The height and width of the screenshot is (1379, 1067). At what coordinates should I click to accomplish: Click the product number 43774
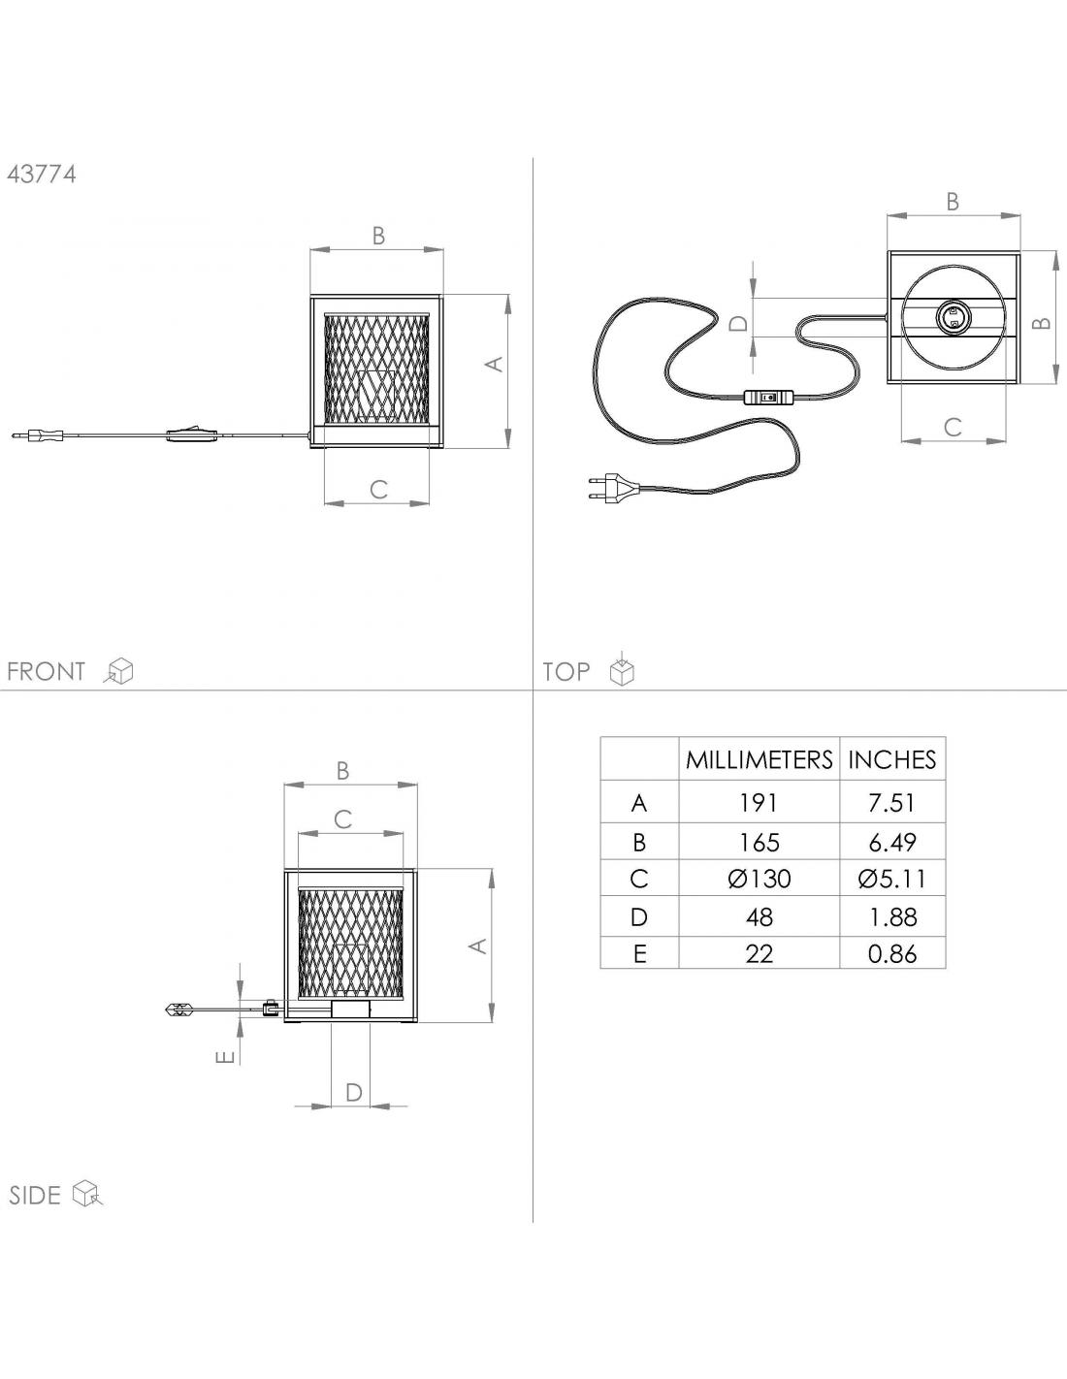click(x=42, y=174)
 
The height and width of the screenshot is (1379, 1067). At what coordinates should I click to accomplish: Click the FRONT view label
click(x=46, y=671)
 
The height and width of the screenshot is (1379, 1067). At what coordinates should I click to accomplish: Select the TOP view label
click(x=566, y=671)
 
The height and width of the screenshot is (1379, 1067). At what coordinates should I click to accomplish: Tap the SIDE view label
click(x=35, y=1195)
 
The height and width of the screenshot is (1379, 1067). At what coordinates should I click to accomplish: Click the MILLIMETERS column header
click(x=759, y=759)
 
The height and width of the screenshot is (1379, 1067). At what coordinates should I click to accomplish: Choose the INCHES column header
click(x=891, y=759)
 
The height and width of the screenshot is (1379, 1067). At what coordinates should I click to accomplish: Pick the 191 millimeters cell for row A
click(x=759, y=803)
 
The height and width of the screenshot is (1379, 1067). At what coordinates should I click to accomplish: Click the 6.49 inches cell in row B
click(x=891, y=842)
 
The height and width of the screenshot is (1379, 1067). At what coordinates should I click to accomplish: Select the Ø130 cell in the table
click(x=760, y=879)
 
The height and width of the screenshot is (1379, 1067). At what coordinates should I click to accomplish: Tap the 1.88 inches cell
click(x=891, y=917)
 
